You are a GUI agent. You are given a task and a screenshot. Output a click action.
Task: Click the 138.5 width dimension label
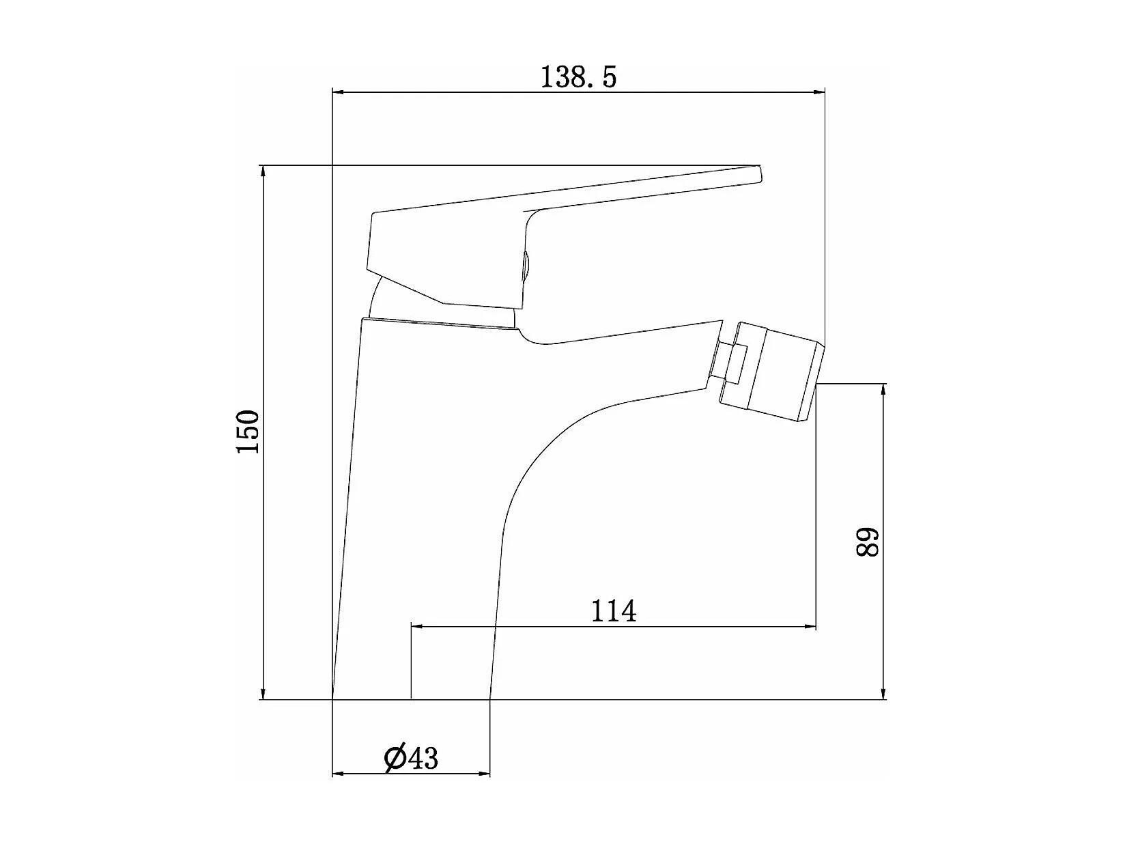point(579,78)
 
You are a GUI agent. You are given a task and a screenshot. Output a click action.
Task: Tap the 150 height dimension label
point(248,431)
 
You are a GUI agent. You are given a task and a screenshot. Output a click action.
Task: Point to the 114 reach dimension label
point(614,611)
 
